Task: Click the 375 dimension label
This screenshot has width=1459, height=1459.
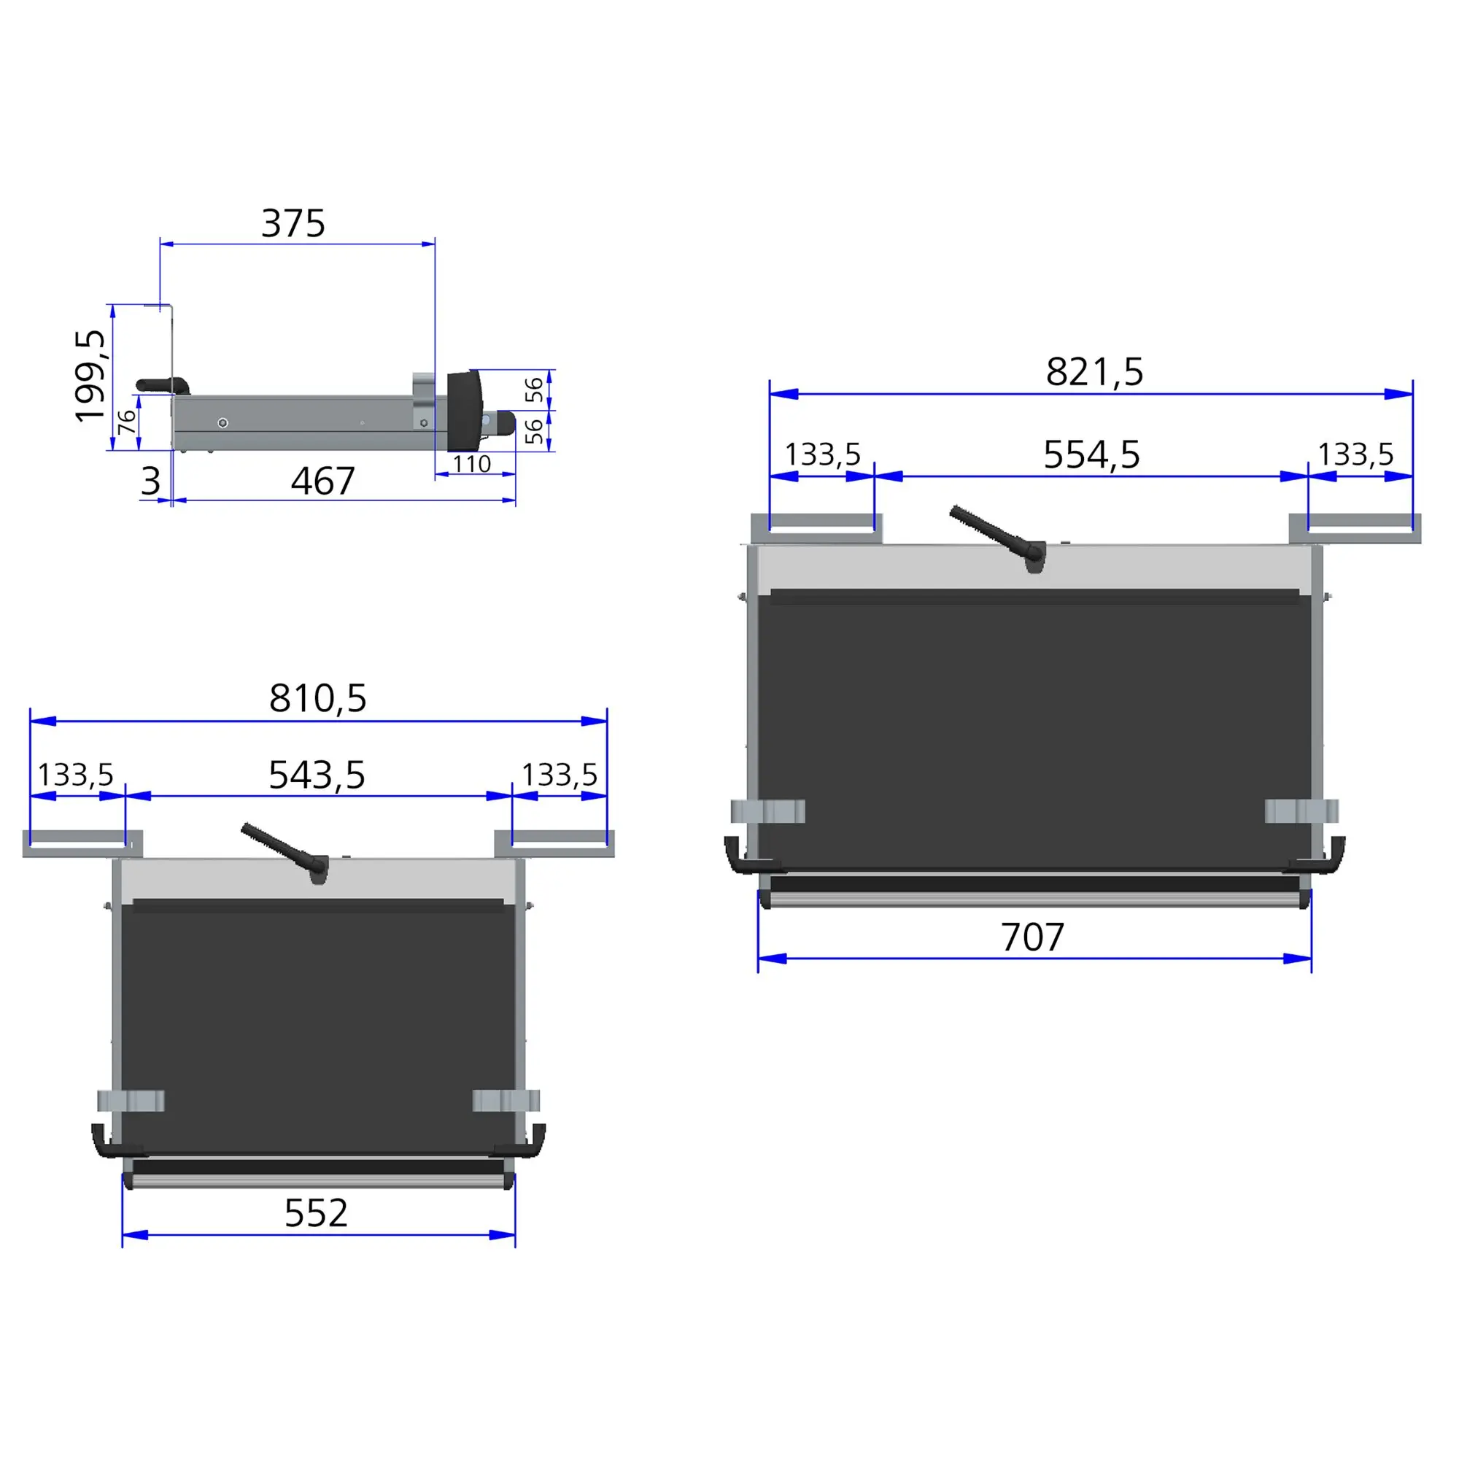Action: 293,223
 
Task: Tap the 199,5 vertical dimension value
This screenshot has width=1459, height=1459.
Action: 90,375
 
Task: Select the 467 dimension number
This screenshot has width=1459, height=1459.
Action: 322,481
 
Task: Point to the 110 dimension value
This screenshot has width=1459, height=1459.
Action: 472,464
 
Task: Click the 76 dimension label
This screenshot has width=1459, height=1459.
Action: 128,422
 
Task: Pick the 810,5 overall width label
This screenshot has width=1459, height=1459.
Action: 318,698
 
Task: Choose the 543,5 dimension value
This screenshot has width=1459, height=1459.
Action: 317,775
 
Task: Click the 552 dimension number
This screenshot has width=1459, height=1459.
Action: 316,1214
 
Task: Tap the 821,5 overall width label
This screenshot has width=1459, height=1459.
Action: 1094,371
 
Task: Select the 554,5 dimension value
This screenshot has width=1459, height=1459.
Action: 1091,454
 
